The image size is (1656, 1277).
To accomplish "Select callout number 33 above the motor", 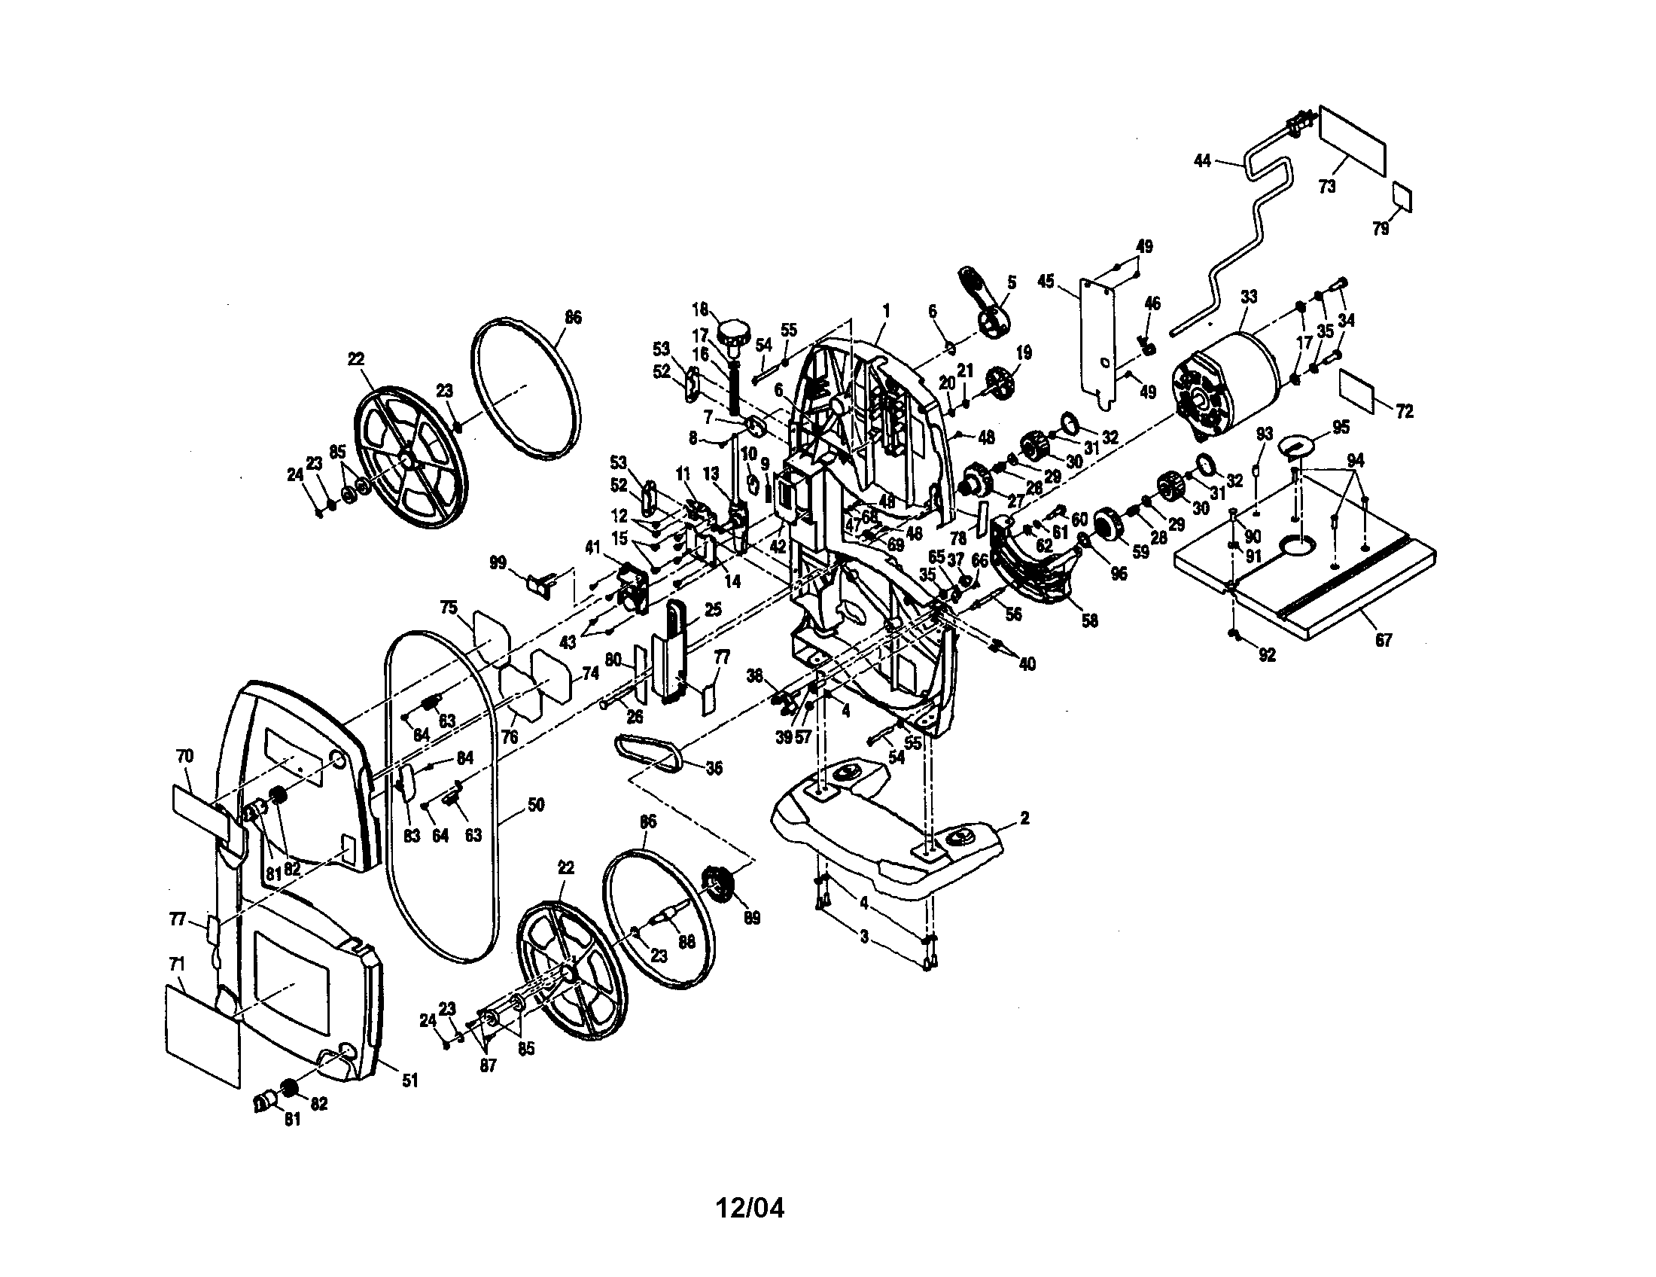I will click(1248, 297).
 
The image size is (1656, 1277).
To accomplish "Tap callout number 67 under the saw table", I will click(1384, 640).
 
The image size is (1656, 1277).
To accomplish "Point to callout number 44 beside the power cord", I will click(1203, 161).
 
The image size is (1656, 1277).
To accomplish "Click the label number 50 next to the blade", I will click(535, 805).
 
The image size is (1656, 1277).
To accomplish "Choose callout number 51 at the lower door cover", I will click(409, 1080).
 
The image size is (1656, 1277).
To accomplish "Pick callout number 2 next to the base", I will click(1024, 818).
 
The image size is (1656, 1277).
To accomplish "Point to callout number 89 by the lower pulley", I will click(751, 919).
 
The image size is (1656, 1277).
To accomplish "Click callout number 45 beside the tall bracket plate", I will click(1046, 282).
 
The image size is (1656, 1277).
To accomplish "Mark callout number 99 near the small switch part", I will click(498, 563).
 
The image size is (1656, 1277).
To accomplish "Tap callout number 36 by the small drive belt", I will click(714, 768).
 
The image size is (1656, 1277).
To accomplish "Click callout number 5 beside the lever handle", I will click(1012, 282).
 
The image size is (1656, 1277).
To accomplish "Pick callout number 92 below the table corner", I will click(1267, 656).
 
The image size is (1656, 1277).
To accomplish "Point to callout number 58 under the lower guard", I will click(1090, 621).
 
